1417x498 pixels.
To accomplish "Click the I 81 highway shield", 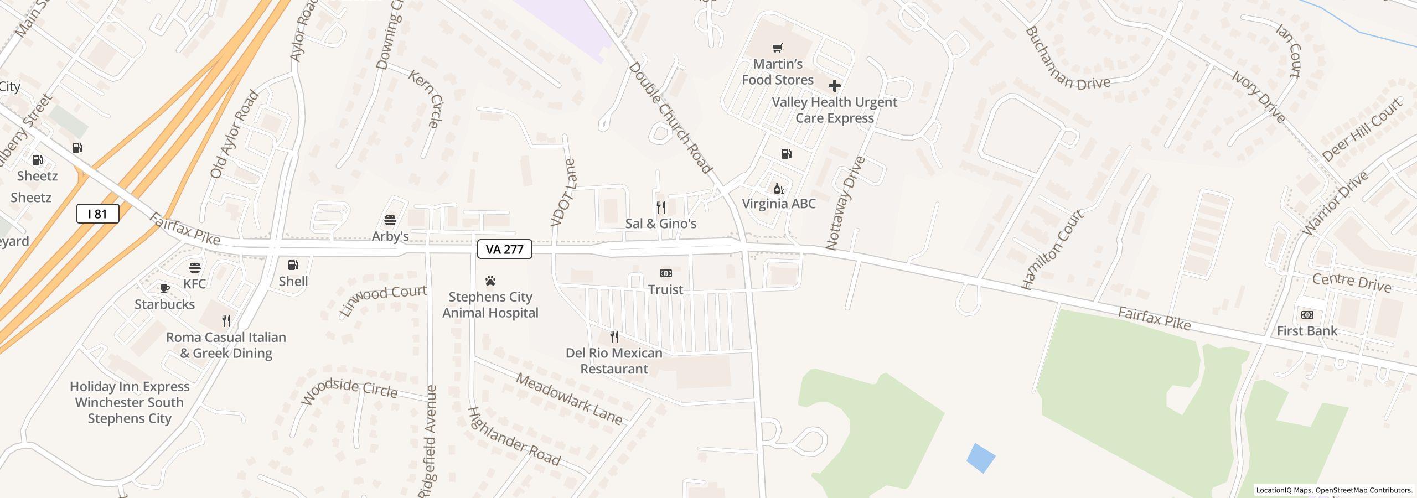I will point(97,214).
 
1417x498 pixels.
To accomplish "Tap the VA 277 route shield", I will point(504,249).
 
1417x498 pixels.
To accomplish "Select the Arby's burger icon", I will point(390,220).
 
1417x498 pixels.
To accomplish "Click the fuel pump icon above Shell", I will point(293,265).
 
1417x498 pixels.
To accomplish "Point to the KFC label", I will point(194,284).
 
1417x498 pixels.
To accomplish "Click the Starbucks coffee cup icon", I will point(164,288).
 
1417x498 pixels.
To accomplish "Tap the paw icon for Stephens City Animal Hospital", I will point(490,281).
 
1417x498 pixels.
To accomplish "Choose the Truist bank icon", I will point(665,273).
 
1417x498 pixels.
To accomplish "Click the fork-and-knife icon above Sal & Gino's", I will point(660,207).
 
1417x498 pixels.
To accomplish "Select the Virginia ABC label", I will point(778,204).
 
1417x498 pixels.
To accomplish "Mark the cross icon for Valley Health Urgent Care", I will point(834,86).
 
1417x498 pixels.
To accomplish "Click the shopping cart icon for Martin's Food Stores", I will point(778,48).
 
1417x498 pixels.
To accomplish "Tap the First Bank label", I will point(1306,331).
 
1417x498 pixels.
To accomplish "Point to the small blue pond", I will point(981,458).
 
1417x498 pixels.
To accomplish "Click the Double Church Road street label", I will point(670,118).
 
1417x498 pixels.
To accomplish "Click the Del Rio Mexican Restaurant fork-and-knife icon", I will point(614,336).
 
